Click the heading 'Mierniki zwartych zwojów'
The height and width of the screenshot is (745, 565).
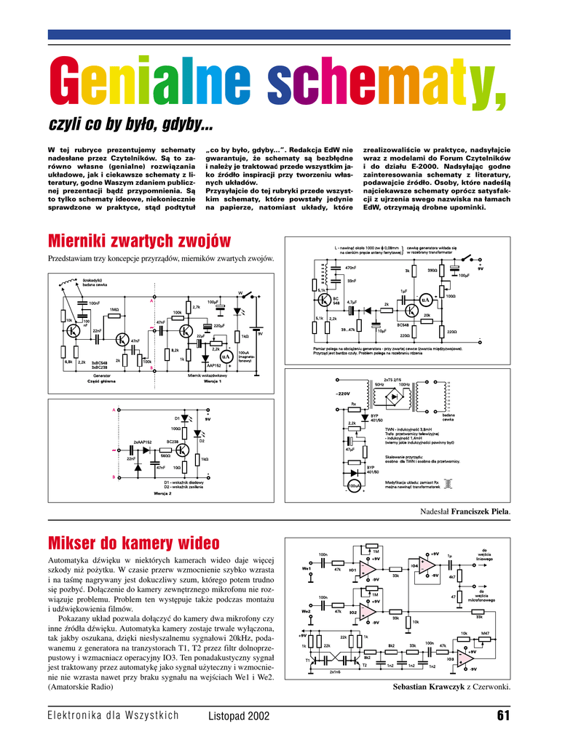tap(139, 241)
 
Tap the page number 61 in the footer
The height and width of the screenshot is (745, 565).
tap(502, 716)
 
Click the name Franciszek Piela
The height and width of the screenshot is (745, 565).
tap(481, 512)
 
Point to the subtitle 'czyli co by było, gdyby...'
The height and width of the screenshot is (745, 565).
tap(130, 127)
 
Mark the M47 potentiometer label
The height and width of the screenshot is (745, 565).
tap(485, 633)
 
